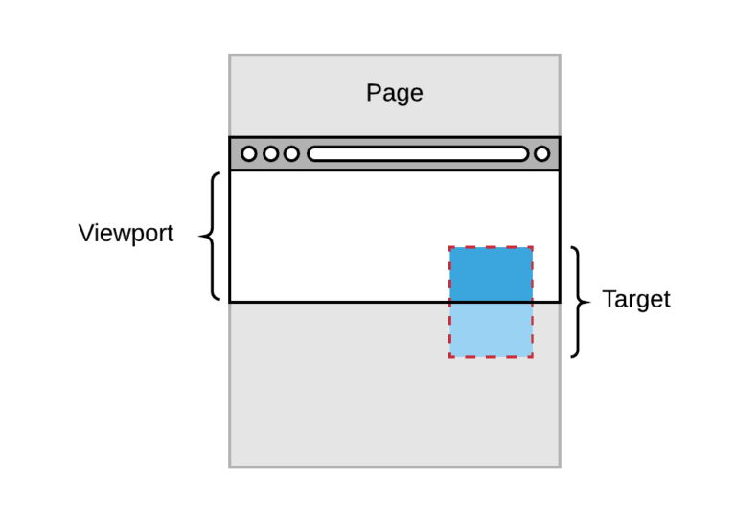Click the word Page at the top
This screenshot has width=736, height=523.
[x=394, y=94]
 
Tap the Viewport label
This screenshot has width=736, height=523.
[x=126, y=233]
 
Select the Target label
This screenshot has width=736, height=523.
[x=635, y=300]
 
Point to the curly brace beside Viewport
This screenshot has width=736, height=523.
[x=210, y=236]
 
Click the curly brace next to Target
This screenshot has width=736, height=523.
[x=578, y=302]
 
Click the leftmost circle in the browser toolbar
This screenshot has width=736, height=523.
[x=249, y=153]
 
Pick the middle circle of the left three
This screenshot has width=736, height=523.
[x=270, y=153]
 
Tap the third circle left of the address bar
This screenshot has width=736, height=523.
[x=291, y=153]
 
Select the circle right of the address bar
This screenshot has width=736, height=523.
[x=541, y=153]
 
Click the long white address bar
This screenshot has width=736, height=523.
[x=417, y=153]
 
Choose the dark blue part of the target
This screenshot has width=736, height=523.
[x=491, y=274]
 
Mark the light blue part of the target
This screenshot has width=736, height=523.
[x=491, y=330]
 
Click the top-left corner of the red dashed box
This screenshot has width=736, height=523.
[x=449, y=247]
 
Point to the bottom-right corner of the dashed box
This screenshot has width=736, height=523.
[x=532, y=357]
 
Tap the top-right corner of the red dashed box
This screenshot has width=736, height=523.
[x=532, y=247]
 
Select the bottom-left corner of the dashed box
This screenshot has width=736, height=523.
[x=449, y=357]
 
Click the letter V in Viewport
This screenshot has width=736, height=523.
[x=85, y=233]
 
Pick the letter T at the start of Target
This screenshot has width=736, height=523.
[x=609, y=300]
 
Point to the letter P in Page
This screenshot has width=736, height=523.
[x=373, y=94]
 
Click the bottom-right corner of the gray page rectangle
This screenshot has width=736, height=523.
[x=560, y=466]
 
